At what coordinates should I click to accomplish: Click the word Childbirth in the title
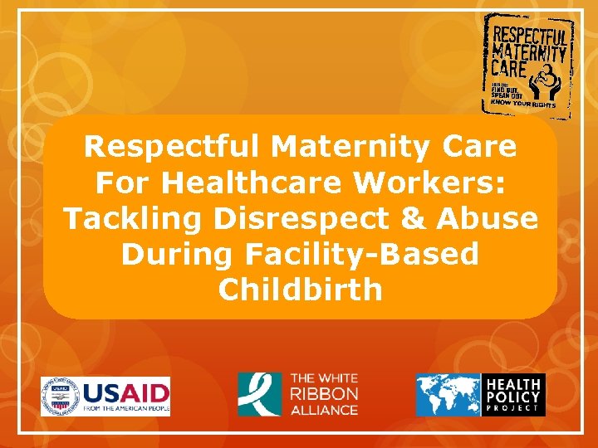300,290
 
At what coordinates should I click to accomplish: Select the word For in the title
125,183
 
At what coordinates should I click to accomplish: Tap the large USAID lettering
125,391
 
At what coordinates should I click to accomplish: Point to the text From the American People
125,409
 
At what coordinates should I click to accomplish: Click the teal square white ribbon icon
259,394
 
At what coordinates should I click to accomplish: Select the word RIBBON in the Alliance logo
324,394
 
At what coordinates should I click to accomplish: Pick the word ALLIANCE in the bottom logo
324,410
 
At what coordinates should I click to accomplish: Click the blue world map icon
448,394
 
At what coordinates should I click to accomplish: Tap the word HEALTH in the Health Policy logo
513,384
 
